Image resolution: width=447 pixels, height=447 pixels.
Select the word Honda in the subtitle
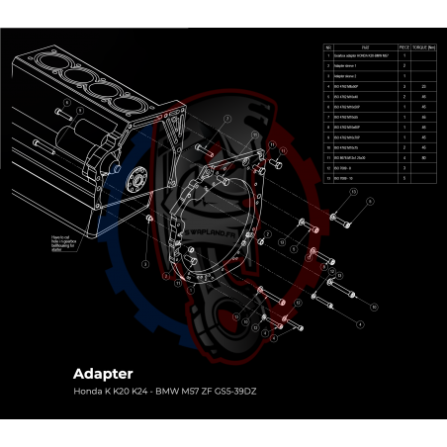coord(88,392)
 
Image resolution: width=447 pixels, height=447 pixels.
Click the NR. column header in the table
coord(327,46)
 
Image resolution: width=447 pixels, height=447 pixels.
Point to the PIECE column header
coord(403,46)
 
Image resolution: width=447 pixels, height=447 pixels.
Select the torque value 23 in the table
coord(423,86)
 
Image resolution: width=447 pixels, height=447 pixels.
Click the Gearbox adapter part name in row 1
coord(356,56)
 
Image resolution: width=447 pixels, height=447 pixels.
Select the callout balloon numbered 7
coord(226,119)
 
